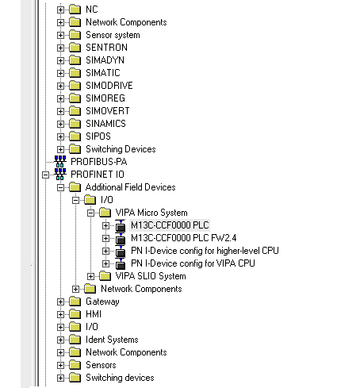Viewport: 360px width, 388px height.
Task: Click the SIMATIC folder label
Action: (x=103, y=73)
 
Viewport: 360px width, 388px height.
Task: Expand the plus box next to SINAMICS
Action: (x=60, y=124)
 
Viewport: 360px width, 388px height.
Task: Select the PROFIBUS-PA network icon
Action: (x=60, y=161)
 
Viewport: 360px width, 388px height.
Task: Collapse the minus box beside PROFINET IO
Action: (x=46, y=175)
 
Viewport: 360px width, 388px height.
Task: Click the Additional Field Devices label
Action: (x=131, y=187)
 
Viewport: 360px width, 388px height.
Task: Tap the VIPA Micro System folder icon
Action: (x=105, y=213)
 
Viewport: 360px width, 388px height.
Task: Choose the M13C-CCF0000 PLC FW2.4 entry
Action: (x=183, y=238)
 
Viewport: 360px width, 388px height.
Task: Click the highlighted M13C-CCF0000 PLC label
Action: (x=170, y=225)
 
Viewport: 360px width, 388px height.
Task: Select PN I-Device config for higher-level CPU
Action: (x=205, y=251)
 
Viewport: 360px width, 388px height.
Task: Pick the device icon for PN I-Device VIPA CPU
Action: (x=121, y=263)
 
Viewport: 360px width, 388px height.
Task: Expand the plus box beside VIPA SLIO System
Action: (x=90, y=276)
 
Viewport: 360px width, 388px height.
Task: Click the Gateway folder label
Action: (x=102, y=302)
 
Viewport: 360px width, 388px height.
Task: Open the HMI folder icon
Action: (x=75, y=314)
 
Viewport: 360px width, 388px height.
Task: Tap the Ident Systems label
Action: (x=112, y=340)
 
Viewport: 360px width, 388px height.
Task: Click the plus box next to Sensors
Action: (x=60, y=365)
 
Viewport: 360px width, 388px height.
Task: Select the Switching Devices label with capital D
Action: (x=121, y=149)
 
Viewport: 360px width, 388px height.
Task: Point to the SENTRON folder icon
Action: (x=75, y=48)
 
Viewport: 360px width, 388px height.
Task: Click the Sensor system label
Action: (x=113, y=35)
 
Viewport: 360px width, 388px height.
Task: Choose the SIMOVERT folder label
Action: (x=108, y=111)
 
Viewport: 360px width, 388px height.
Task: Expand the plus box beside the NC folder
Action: (x=60, y=10)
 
